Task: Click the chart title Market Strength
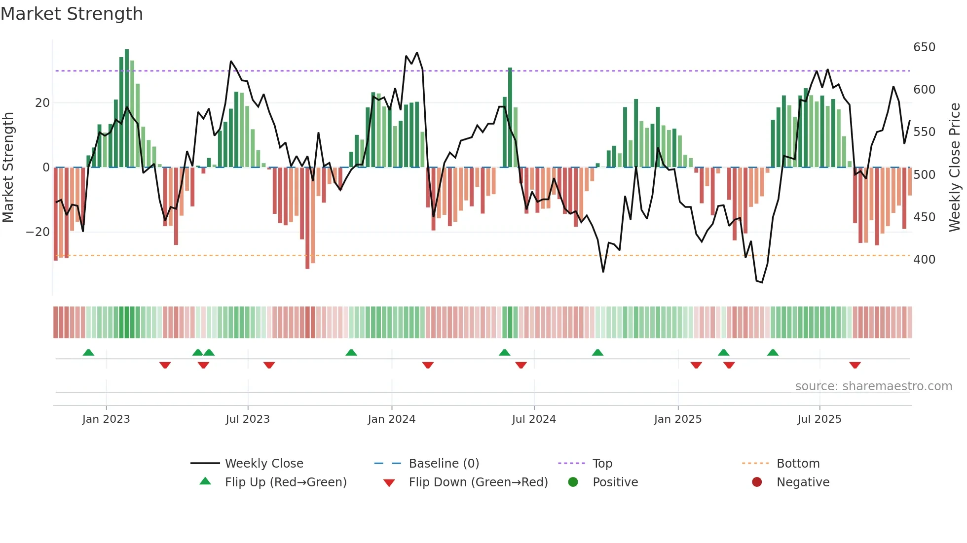coord(72,14)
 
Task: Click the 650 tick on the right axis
coord(924,47)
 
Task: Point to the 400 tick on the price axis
coord(924,260)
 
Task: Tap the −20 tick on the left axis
coord(37,232)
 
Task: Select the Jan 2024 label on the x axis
coord(391,419)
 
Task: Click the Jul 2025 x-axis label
coord(819,419)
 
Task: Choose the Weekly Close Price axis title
coord(955,168)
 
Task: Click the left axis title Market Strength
coord(8,168)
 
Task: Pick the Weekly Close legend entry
coord(264,464)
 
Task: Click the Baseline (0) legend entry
coord(444,464)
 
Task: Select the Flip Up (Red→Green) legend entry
coord(285,482)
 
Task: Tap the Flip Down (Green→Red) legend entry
coord(478,482)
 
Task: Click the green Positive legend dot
coord(573,482)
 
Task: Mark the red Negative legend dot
coord(757,482)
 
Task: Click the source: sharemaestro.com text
coord(873,386)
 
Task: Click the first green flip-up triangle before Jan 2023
coord(88,353)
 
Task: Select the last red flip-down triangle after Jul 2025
coord(855,365)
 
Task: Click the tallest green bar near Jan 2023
coord(127,108)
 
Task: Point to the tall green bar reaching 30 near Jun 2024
coord(510,118)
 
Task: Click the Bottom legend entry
coord(797,464)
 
